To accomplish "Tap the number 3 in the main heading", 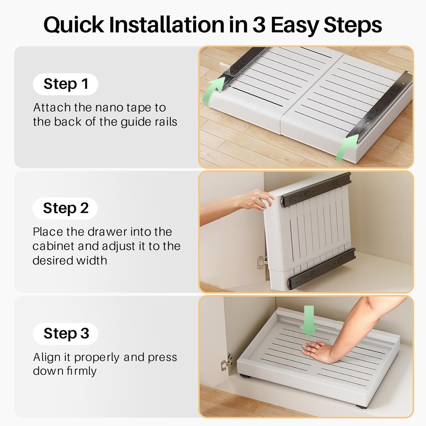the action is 259,25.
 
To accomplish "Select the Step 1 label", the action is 66,84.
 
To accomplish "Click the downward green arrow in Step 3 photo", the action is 309,321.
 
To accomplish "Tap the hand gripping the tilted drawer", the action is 257,199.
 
